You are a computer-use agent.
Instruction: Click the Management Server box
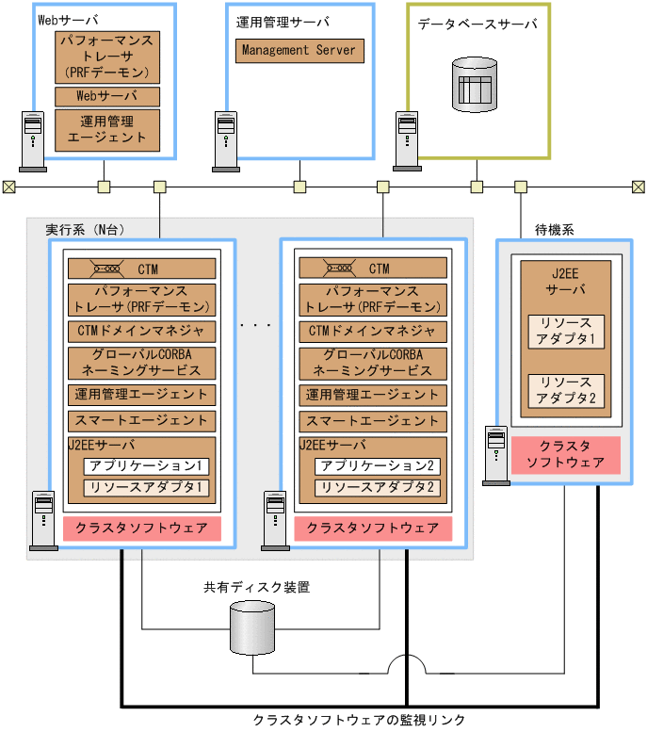point(299,50)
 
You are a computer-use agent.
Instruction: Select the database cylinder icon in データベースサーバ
point(474,85)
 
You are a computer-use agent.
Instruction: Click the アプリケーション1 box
point(145,466)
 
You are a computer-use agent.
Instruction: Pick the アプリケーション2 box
point(377,466)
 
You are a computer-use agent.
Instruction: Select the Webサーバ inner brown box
point(106,96)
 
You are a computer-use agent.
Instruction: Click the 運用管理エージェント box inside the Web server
point(106,129)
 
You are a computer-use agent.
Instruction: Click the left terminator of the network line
point(8,187)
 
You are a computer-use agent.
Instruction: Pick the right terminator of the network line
point(638,187)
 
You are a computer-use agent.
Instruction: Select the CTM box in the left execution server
point(141,268)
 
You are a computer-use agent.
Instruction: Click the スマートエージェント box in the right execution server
point(373,420)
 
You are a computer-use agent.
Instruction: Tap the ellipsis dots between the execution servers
point(256,325)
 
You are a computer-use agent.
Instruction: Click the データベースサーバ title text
point(477,24)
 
